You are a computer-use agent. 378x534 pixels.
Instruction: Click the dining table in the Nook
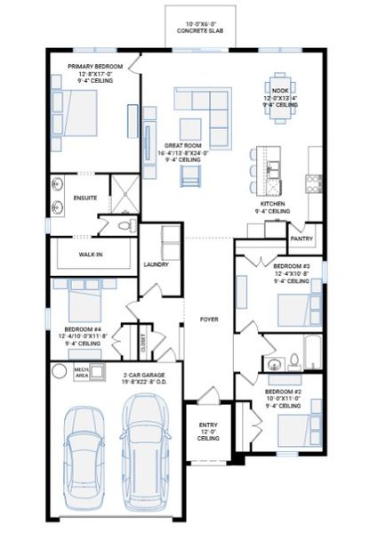tap(279, 87)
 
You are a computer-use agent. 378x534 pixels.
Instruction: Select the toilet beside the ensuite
tap(123, 226)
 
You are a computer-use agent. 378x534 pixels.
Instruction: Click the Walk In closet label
tap(92, 254)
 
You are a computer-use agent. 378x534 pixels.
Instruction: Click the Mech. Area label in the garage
tap(81, 371)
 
